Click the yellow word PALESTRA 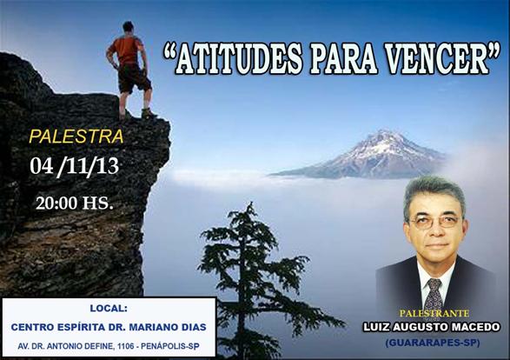coord(76,137)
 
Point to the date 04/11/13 coord(74,167)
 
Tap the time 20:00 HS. coord(75,203)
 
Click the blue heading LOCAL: coord(109,308)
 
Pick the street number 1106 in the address coord(126,347)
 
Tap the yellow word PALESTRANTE coord(434,313)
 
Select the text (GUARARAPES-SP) coord(433,343)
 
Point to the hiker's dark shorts coord(133,77)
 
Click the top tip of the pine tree coord(250,203)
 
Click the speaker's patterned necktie coord(434,296)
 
